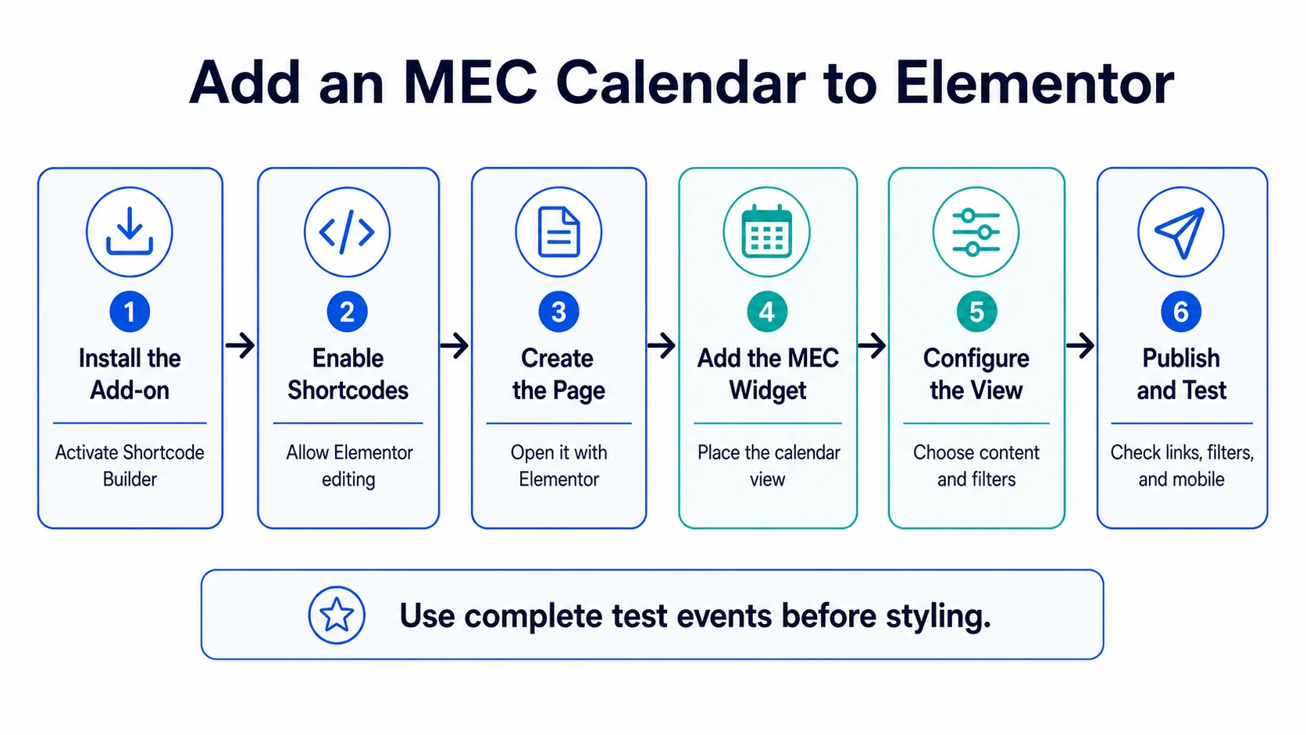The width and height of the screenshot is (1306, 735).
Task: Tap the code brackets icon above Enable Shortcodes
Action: coord(347,231)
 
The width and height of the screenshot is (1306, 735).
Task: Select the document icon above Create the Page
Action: coord(558,231)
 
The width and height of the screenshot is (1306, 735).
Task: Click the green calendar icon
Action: coord(767,231)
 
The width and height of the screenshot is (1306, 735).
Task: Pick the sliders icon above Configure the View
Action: coord(976,232)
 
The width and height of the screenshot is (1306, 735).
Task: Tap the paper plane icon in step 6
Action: coord(1180,232)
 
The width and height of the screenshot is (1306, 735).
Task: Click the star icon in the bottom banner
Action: coord(337,615)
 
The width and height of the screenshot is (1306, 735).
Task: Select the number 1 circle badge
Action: coord(130,312)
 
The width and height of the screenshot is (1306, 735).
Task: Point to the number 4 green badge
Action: coord(767,312)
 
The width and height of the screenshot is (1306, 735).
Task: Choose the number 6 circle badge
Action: coord(1181,312)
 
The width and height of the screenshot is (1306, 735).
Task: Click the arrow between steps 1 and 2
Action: coord(241,345)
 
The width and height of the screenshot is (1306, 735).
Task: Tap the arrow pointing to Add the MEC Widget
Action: coord(662,345)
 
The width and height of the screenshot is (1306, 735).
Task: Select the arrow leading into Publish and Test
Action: coord(1080,345)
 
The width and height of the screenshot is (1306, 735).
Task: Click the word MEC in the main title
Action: coord(470,83)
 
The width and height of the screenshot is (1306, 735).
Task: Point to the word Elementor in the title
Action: coord(1035,83)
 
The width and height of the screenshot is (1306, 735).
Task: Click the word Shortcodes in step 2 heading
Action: coord(348,390)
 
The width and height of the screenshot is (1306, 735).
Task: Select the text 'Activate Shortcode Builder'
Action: coord(130,466)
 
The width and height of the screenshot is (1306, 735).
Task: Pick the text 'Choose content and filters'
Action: coord(976,466)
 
